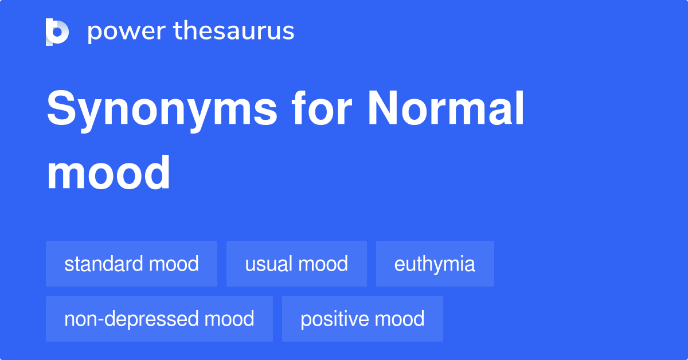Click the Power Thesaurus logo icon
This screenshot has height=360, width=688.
click(x=57, y=32)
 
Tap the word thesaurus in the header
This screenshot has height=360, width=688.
click(x=234, y=32)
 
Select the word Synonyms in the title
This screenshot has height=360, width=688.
click(x=162, y=110)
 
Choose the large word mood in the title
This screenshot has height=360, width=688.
click(x=108, y=173)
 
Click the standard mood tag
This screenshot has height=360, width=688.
click(x=131, y=264)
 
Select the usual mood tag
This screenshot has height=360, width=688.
click(x=296, y=264)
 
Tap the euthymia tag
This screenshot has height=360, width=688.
click(x=435, y=264)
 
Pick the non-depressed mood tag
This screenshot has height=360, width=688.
click(x=159, y=319)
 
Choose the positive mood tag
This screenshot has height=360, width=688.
click(x=362, y=319)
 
